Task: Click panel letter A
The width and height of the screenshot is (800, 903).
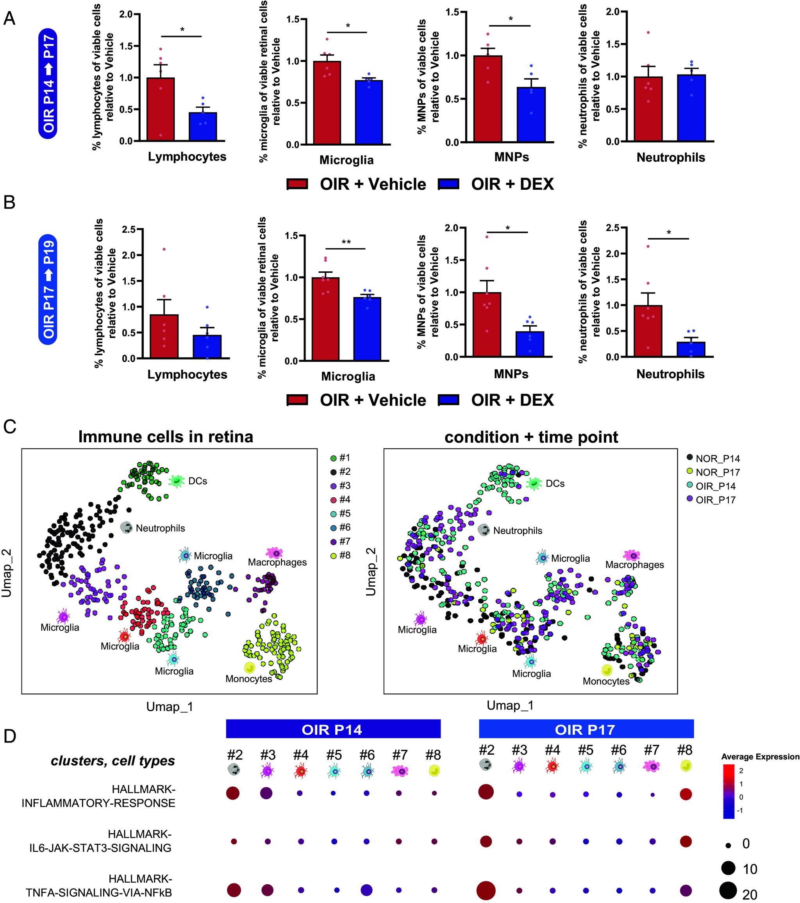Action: [x=9, y=19]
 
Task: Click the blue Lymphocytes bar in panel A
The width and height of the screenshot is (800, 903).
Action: [x=202, y=126]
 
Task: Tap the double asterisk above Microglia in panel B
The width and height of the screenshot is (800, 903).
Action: [x=346, y=242]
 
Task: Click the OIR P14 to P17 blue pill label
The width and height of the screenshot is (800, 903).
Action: [x=48, y=84]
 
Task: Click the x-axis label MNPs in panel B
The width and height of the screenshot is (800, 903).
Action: [x=511, y=374]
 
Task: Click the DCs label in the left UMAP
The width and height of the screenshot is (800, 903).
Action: [x=197, y=481]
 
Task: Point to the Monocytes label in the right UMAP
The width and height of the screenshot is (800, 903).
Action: [x=605, y=681]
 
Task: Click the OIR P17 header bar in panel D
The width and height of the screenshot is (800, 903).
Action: [x=586, y=729]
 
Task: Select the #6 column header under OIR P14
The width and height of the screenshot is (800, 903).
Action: [x=366, y=755]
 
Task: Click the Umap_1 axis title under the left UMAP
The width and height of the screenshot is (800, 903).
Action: [x=170, y=707]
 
